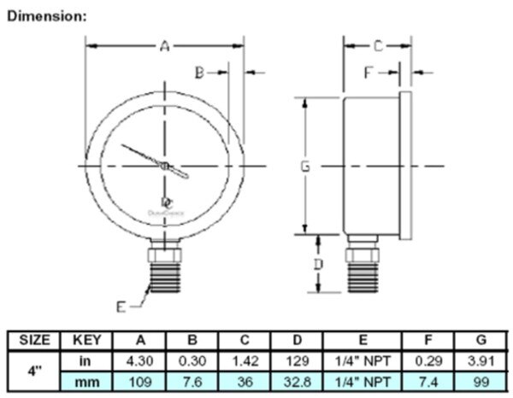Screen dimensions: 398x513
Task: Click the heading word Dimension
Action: [x=46, y=16]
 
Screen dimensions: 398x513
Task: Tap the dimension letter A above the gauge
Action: [x=165, y=47]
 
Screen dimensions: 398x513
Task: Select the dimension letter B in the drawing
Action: [x=198, y=73]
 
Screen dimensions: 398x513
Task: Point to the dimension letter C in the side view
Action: [x=376, y=45]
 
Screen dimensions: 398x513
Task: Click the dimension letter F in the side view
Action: [x=369, y=73]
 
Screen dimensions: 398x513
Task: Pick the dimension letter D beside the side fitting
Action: [x=317, y=265]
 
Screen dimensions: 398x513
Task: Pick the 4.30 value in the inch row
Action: [x=140, y=359]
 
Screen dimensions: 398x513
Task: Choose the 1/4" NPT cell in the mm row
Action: [x=363, y=378]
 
